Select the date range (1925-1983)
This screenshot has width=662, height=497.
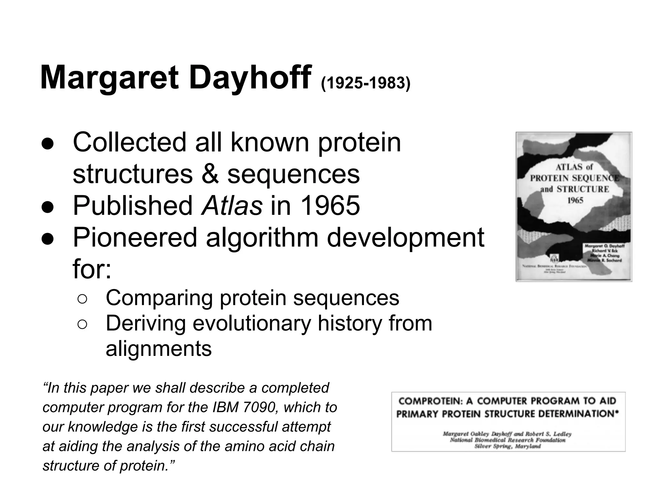[x=365, y=83]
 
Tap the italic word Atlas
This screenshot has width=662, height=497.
[x=232, y=206]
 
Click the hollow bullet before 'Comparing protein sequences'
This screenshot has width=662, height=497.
[x=82, y=299]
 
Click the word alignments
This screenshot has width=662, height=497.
[x=159, y=349]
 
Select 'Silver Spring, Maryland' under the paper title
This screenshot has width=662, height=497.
[x=507, y=447]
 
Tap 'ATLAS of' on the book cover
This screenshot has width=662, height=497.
[x=574, y=167]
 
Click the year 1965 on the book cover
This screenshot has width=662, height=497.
[x=575, y=201]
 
